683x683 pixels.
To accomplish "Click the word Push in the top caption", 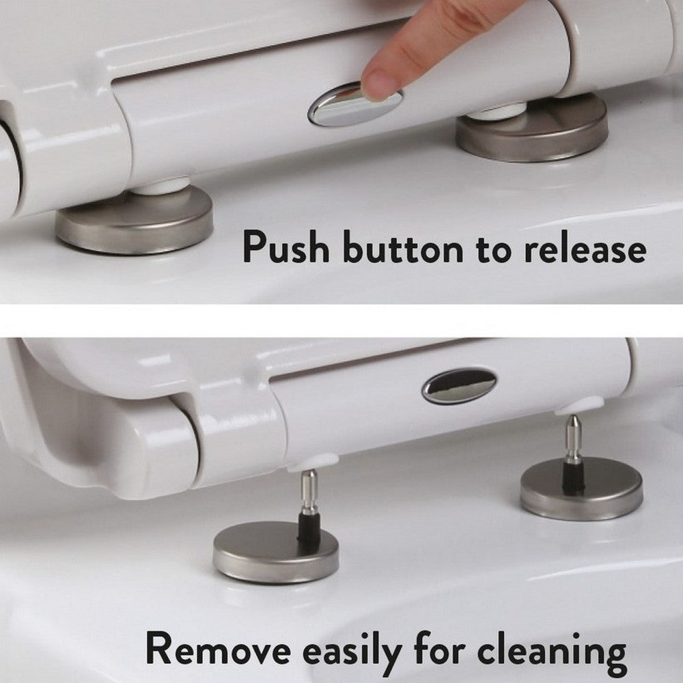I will coord(286,247).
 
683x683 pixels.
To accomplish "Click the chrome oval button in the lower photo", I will coord(459,385).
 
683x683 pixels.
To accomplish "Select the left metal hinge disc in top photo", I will coord(134,223).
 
